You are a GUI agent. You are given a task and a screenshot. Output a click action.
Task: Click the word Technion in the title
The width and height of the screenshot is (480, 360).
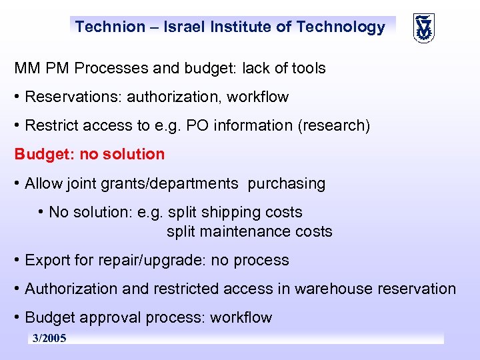[110, 27]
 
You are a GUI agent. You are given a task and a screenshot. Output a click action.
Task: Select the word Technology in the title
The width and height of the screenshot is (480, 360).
[341, 27]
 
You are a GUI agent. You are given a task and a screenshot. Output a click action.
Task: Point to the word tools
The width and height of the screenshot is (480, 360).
[306, 68]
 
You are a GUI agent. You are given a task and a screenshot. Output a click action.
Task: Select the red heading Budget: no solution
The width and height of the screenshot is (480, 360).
[89, 154]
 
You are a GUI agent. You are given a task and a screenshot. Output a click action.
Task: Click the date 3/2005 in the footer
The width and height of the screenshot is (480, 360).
[49, 339]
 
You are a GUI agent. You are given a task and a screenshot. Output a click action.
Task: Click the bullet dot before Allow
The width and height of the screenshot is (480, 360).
[18, 183]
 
